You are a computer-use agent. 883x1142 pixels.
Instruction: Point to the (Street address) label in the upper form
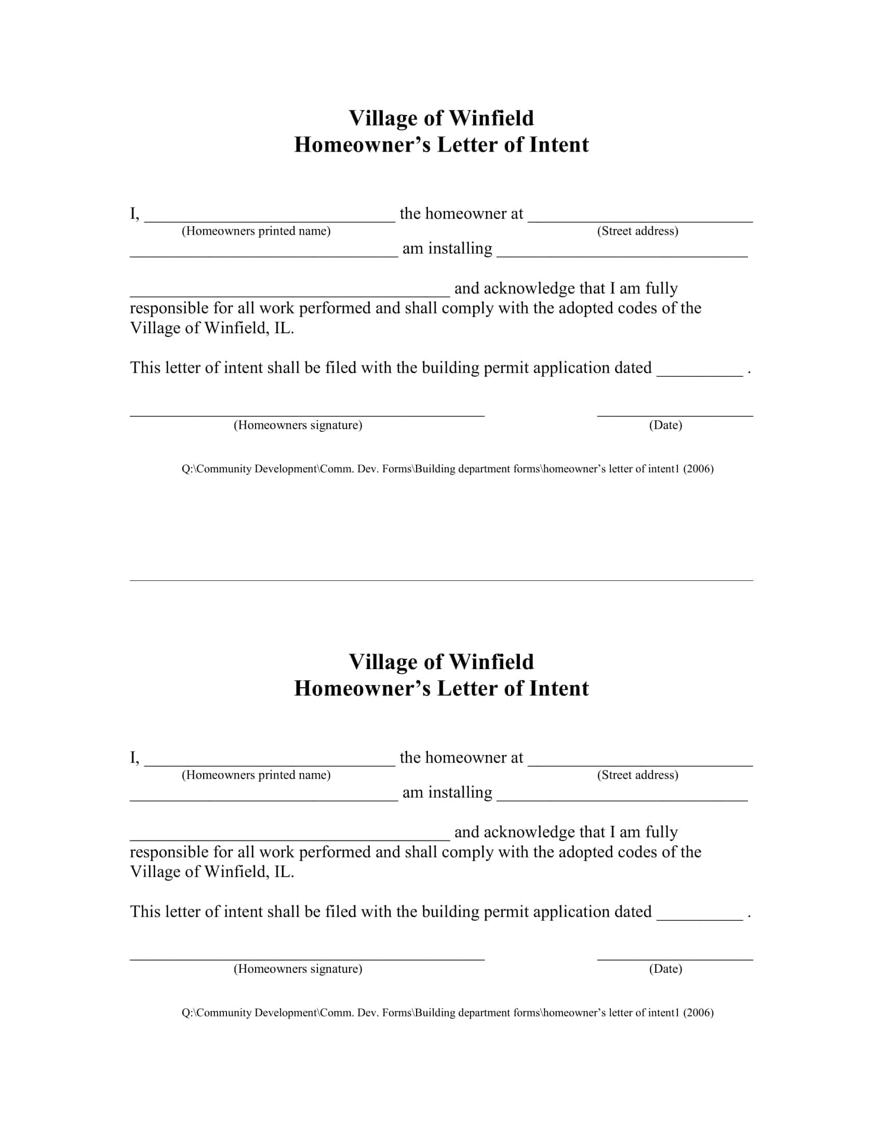point(637,231)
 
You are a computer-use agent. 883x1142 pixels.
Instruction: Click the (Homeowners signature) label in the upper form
point(298,425)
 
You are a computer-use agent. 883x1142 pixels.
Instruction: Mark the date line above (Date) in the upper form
point(675,415)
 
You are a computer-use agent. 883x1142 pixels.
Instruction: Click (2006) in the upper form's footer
point(698,469)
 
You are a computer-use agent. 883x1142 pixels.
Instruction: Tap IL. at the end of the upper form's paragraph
point(284,329)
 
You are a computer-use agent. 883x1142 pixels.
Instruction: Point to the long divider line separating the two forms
point(441,580)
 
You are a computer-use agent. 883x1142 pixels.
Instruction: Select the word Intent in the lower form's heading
point(559,689)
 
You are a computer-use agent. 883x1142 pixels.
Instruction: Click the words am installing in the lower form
point(447,792)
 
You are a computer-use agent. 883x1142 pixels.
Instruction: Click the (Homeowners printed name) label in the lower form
point(256,775)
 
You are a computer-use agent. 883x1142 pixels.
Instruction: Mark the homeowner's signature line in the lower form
point(307,959)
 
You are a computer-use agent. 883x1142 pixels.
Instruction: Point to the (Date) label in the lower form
point(665,969)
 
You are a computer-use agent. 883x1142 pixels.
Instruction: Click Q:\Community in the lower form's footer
point(216,1013)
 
